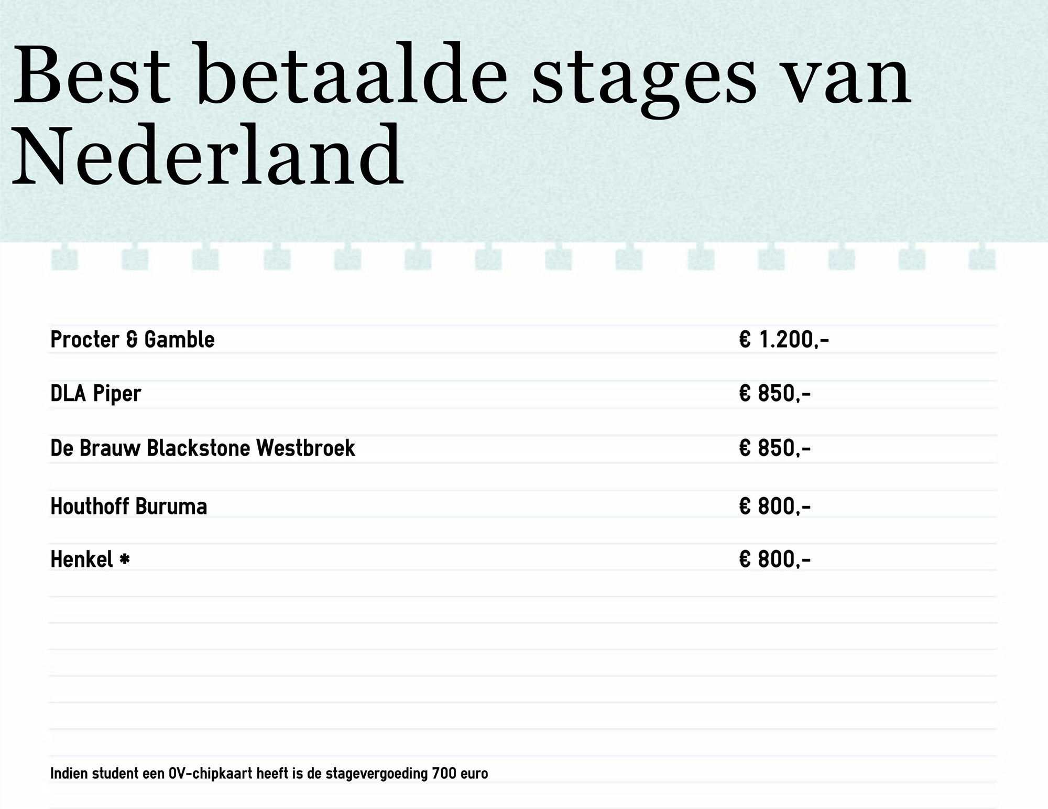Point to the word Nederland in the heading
208,154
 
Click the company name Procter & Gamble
133,340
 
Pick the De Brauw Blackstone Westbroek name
203,448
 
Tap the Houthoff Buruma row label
129,506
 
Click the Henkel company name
82,559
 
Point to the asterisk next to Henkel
125,560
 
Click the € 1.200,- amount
784,340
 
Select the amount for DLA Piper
775,394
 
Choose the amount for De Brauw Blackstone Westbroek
775,448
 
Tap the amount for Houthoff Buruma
775,506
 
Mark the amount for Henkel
775,559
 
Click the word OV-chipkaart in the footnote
216,774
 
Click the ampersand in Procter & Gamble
133,340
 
